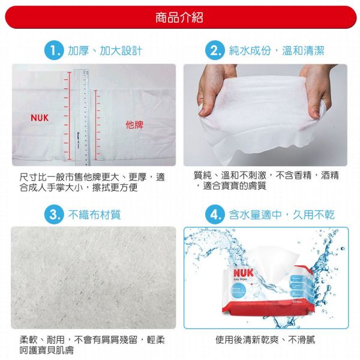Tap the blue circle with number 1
(54, 50)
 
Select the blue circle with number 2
(215, 50)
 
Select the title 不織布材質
(94, 214)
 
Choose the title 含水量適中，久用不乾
(281, 214)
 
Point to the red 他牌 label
(134, 124)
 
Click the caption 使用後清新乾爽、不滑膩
(265, 340)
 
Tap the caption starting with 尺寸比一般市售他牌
(91, 182)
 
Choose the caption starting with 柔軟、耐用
(91, 345)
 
